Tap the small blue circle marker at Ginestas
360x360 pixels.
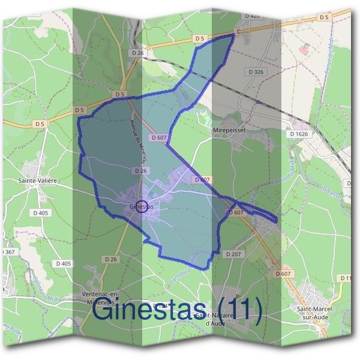click(142, 206)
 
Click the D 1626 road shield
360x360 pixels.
click(299, 134)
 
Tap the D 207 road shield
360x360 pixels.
click(233, 254)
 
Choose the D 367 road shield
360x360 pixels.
click(8, 252)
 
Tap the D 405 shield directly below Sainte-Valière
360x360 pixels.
click(41, 213)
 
